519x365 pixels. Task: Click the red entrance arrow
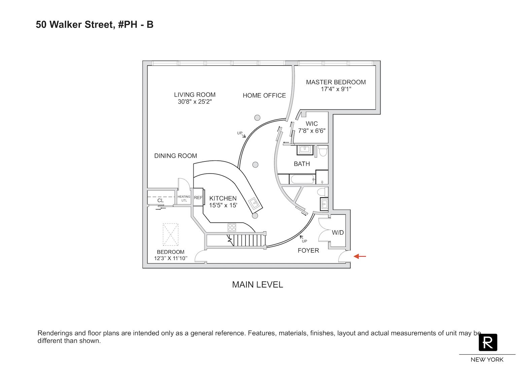click(x=360, y=257)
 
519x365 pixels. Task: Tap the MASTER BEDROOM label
click(x=336, y=82)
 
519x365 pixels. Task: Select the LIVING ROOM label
click(x=195, y=95)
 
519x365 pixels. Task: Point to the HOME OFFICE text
click(x=264, y=96)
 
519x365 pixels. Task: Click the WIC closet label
click(x=312, y=124)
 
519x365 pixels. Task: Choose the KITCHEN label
click(x=223, y=198)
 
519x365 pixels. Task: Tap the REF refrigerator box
click(x=198, y=198)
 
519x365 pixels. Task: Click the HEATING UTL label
click(x=184, y=198)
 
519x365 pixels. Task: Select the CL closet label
click(x=161, y=201)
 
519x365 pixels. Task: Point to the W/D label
click(x=338, y=233)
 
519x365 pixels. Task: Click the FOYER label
click(x=308, y=251)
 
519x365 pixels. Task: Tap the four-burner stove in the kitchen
click(x=232, y=227)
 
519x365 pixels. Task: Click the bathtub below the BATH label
click(x=303, y=179)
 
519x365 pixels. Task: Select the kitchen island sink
click(x=254, y=203)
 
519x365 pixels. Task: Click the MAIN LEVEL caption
click(x=257, y=285)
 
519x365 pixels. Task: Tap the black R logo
click(x=488, y=342)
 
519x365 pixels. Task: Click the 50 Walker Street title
click(x=95, y=25)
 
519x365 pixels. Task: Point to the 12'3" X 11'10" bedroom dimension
click(x=170, y=259)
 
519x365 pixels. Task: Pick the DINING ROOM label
click(x=175, y=156)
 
